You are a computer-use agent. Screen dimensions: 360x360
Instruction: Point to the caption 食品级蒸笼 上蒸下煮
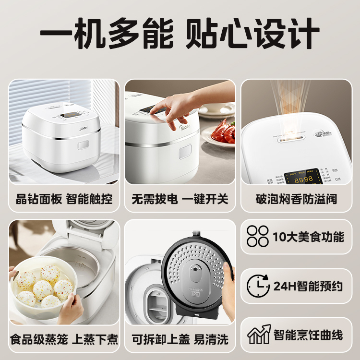64,339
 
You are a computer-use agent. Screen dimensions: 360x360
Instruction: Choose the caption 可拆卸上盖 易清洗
180,339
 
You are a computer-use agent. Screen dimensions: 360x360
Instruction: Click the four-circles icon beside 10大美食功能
258,237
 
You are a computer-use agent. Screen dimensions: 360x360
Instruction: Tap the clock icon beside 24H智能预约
258,286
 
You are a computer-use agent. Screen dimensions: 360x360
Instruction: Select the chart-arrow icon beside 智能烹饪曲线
258,335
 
